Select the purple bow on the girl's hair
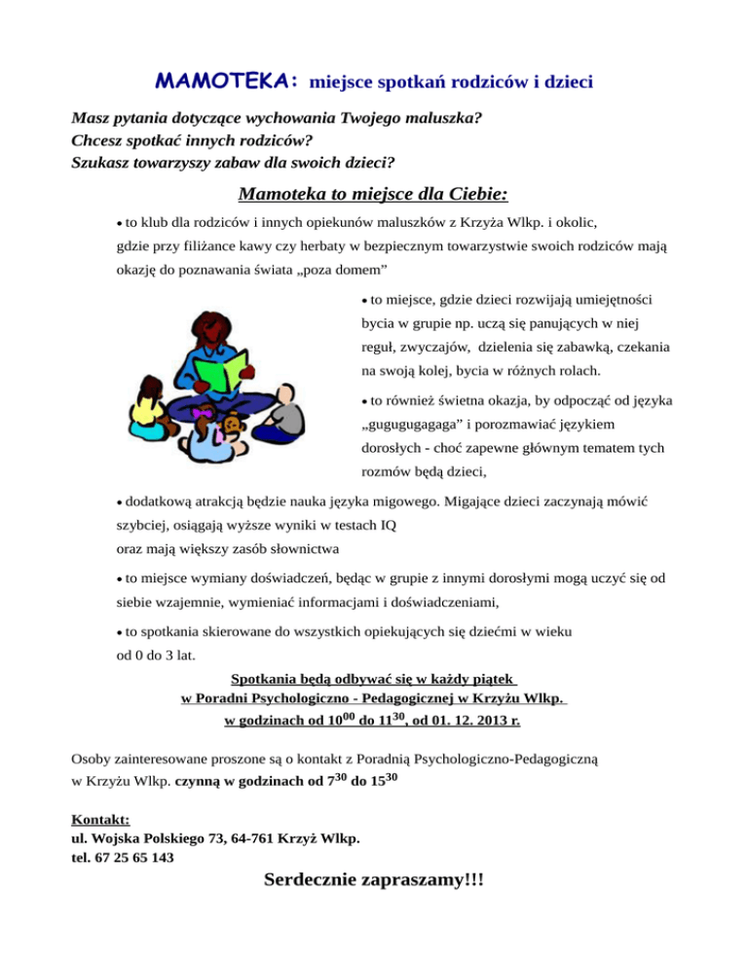(x=203, y=415)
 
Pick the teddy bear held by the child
(x=234, y=425)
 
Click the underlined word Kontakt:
(x=101, y=820)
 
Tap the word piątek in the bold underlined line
(x=489, y=677)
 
